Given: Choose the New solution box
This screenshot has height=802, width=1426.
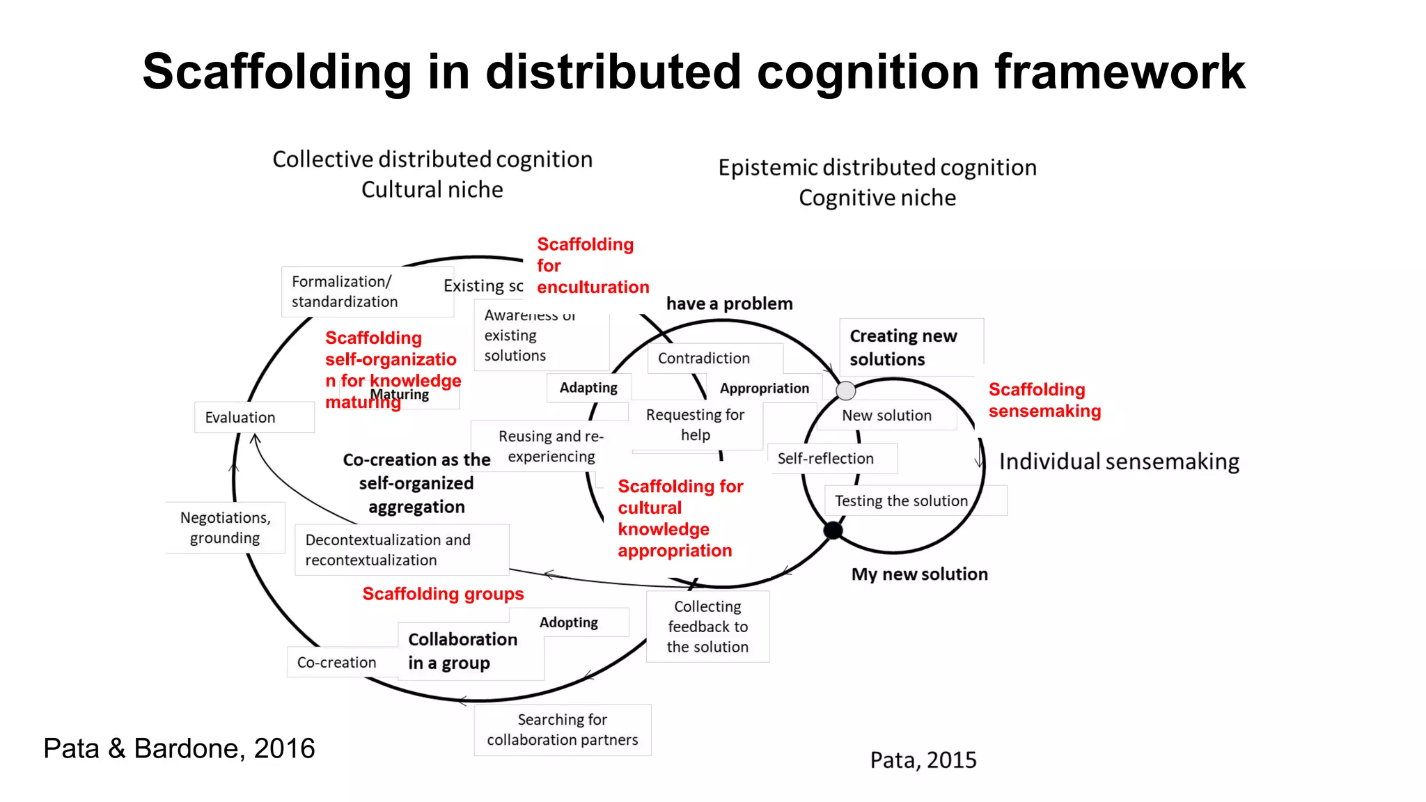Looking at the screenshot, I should point(886,416).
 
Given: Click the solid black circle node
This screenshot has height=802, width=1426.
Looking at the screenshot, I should point(833,530).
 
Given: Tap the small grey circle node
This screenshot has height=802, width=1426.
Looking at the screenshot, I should point(845,391).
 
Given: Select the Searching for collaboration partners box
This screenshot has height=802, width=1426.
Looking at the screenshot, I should point(562,730).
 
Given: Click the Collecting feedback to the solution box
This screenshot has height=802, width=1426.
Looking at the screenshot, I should point(707,627).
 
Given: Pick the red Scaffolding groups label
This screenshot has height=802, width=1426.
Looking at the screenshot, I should point(443,594).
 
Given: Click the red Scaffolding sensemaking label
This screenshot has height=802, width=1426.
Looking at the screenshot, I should point(1044,400).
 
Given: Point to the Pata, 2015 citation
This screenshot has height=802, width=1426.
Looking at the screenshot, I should point(923,760).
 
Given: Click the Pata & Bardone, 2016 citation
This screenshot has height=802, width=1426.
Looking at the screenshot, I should point(179,748).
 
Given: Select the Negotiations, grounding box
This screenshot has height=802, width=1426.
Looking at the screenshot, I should point(225,528).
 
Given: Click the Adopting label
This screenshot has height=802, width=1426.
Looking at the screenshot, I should point(569,622).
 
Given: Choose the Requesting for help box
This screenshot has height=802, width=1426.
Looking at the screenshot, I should point(695,425).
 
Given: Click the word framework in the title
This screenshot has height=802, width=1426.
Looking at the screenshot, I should point(1120,72).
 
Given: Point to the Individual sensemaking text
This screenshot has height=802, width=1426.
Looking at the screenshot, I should point(1119,462).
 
